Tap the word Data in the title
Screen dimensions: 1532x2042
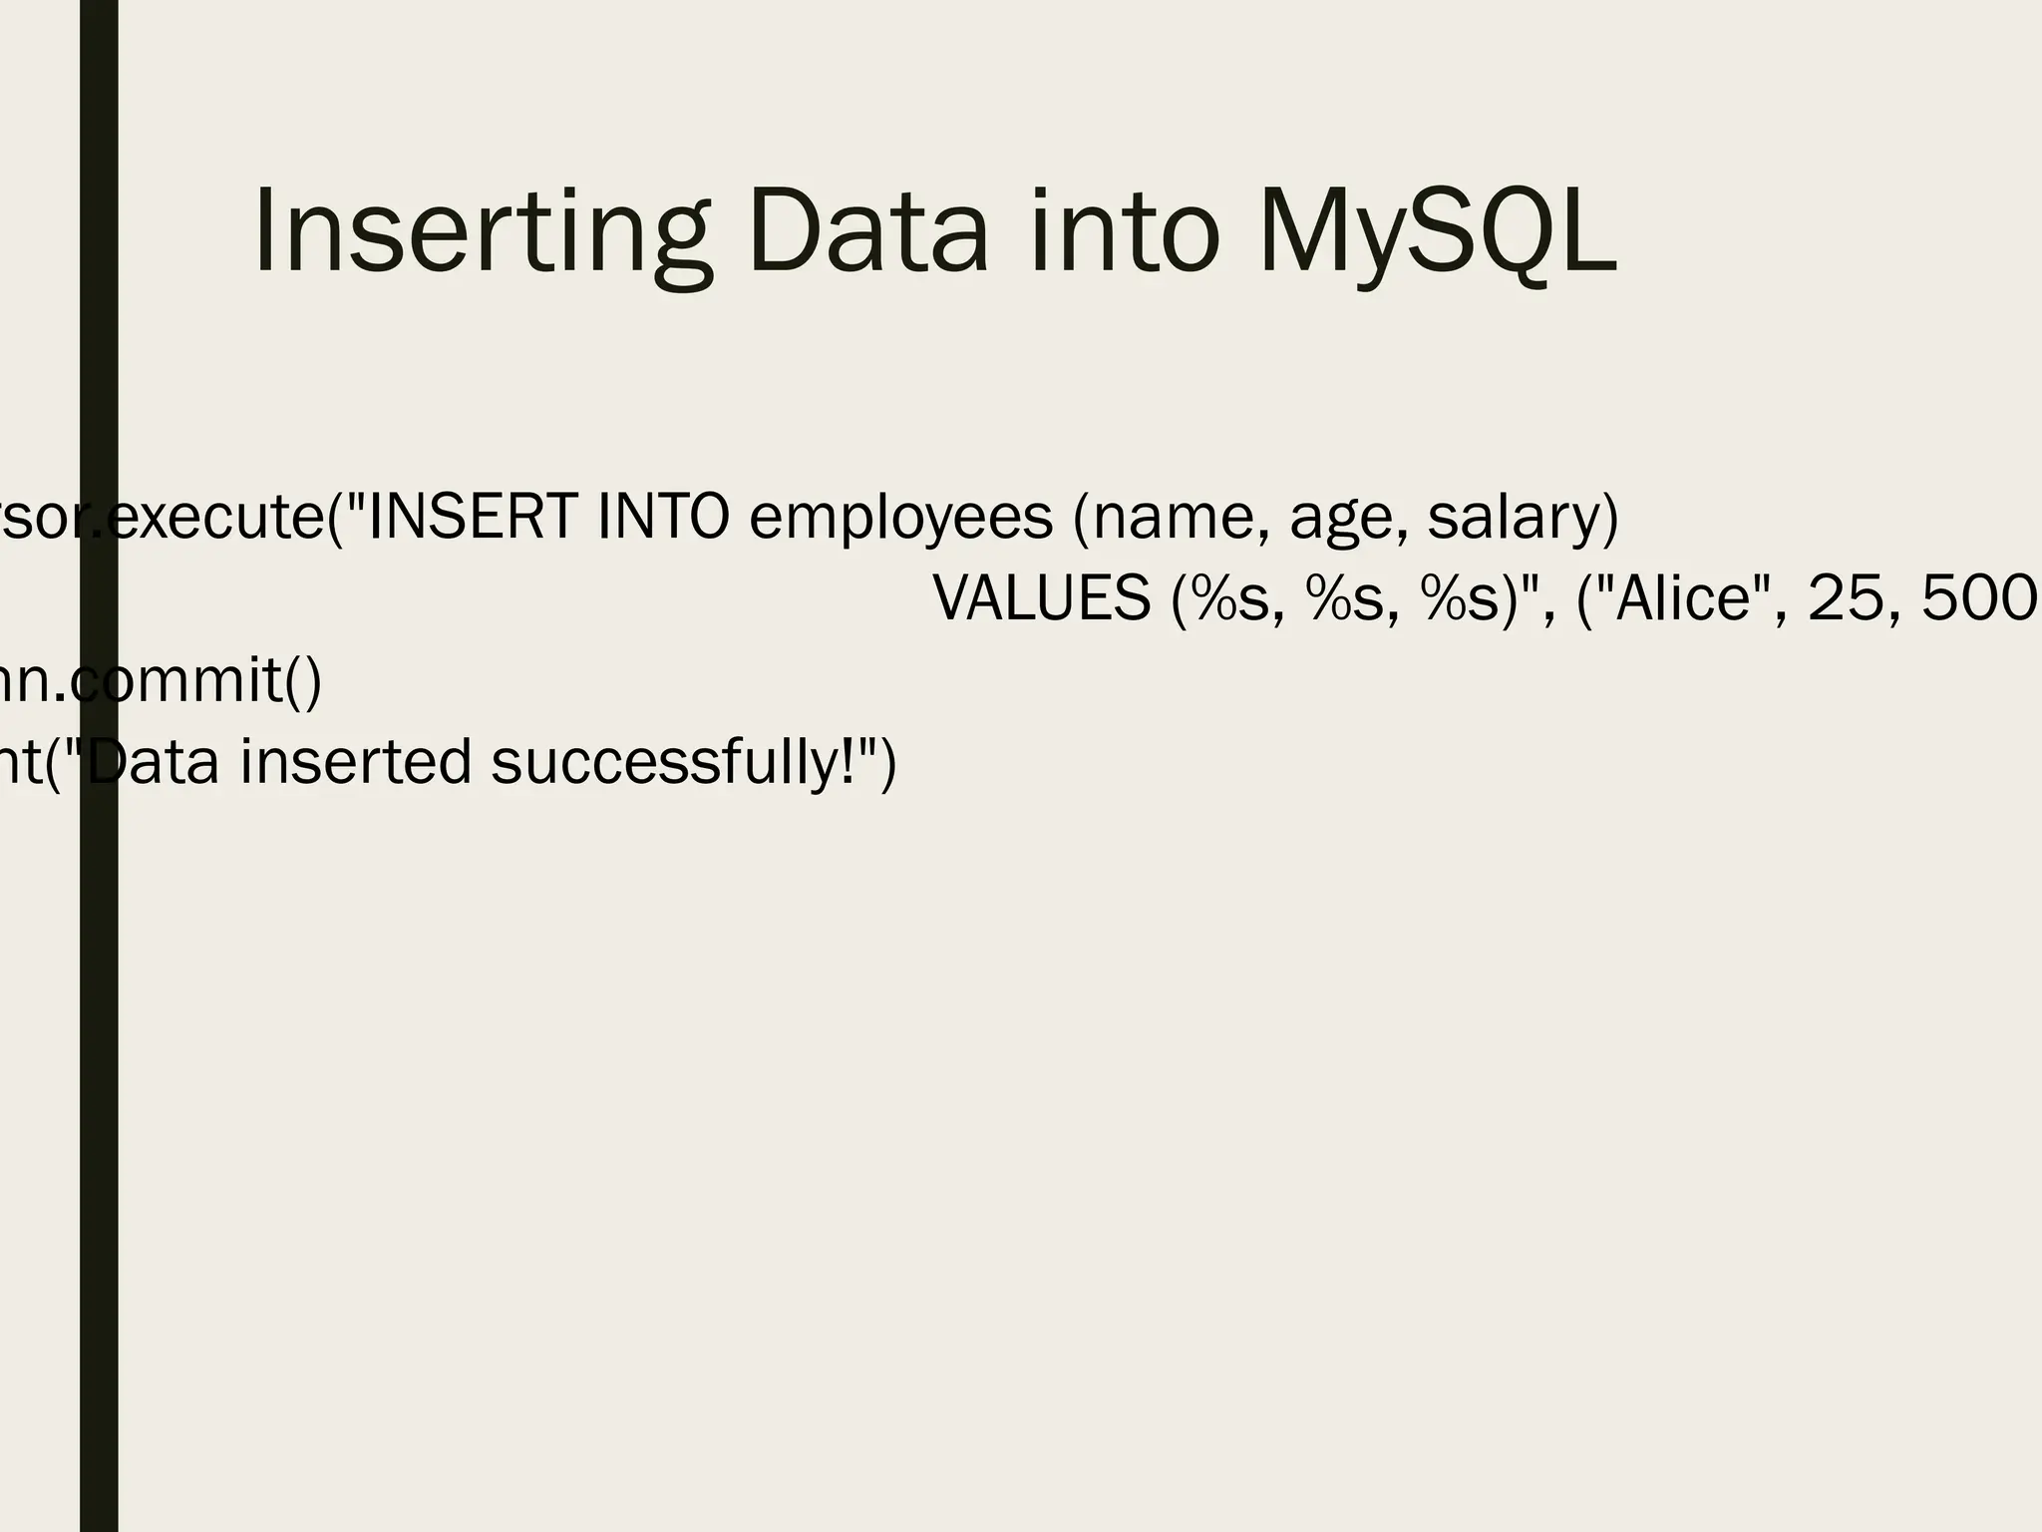pyautogui.click(x=866, y=233)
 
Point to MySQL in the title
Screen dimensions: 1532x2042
pyautogui.click(x=1436, y=233)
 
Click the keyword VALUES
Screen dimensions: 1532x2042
pyautogui.click(x=1042, y=599)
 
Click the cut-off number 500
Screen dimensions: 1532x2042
pyautogui.click(x=1980, y=599)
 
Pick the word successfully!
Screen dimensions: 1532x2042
pyautogui.click(x=688, y=764)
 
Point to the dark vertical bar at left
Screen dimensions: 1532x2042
pyautogui.click(x=99, y=1097)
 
